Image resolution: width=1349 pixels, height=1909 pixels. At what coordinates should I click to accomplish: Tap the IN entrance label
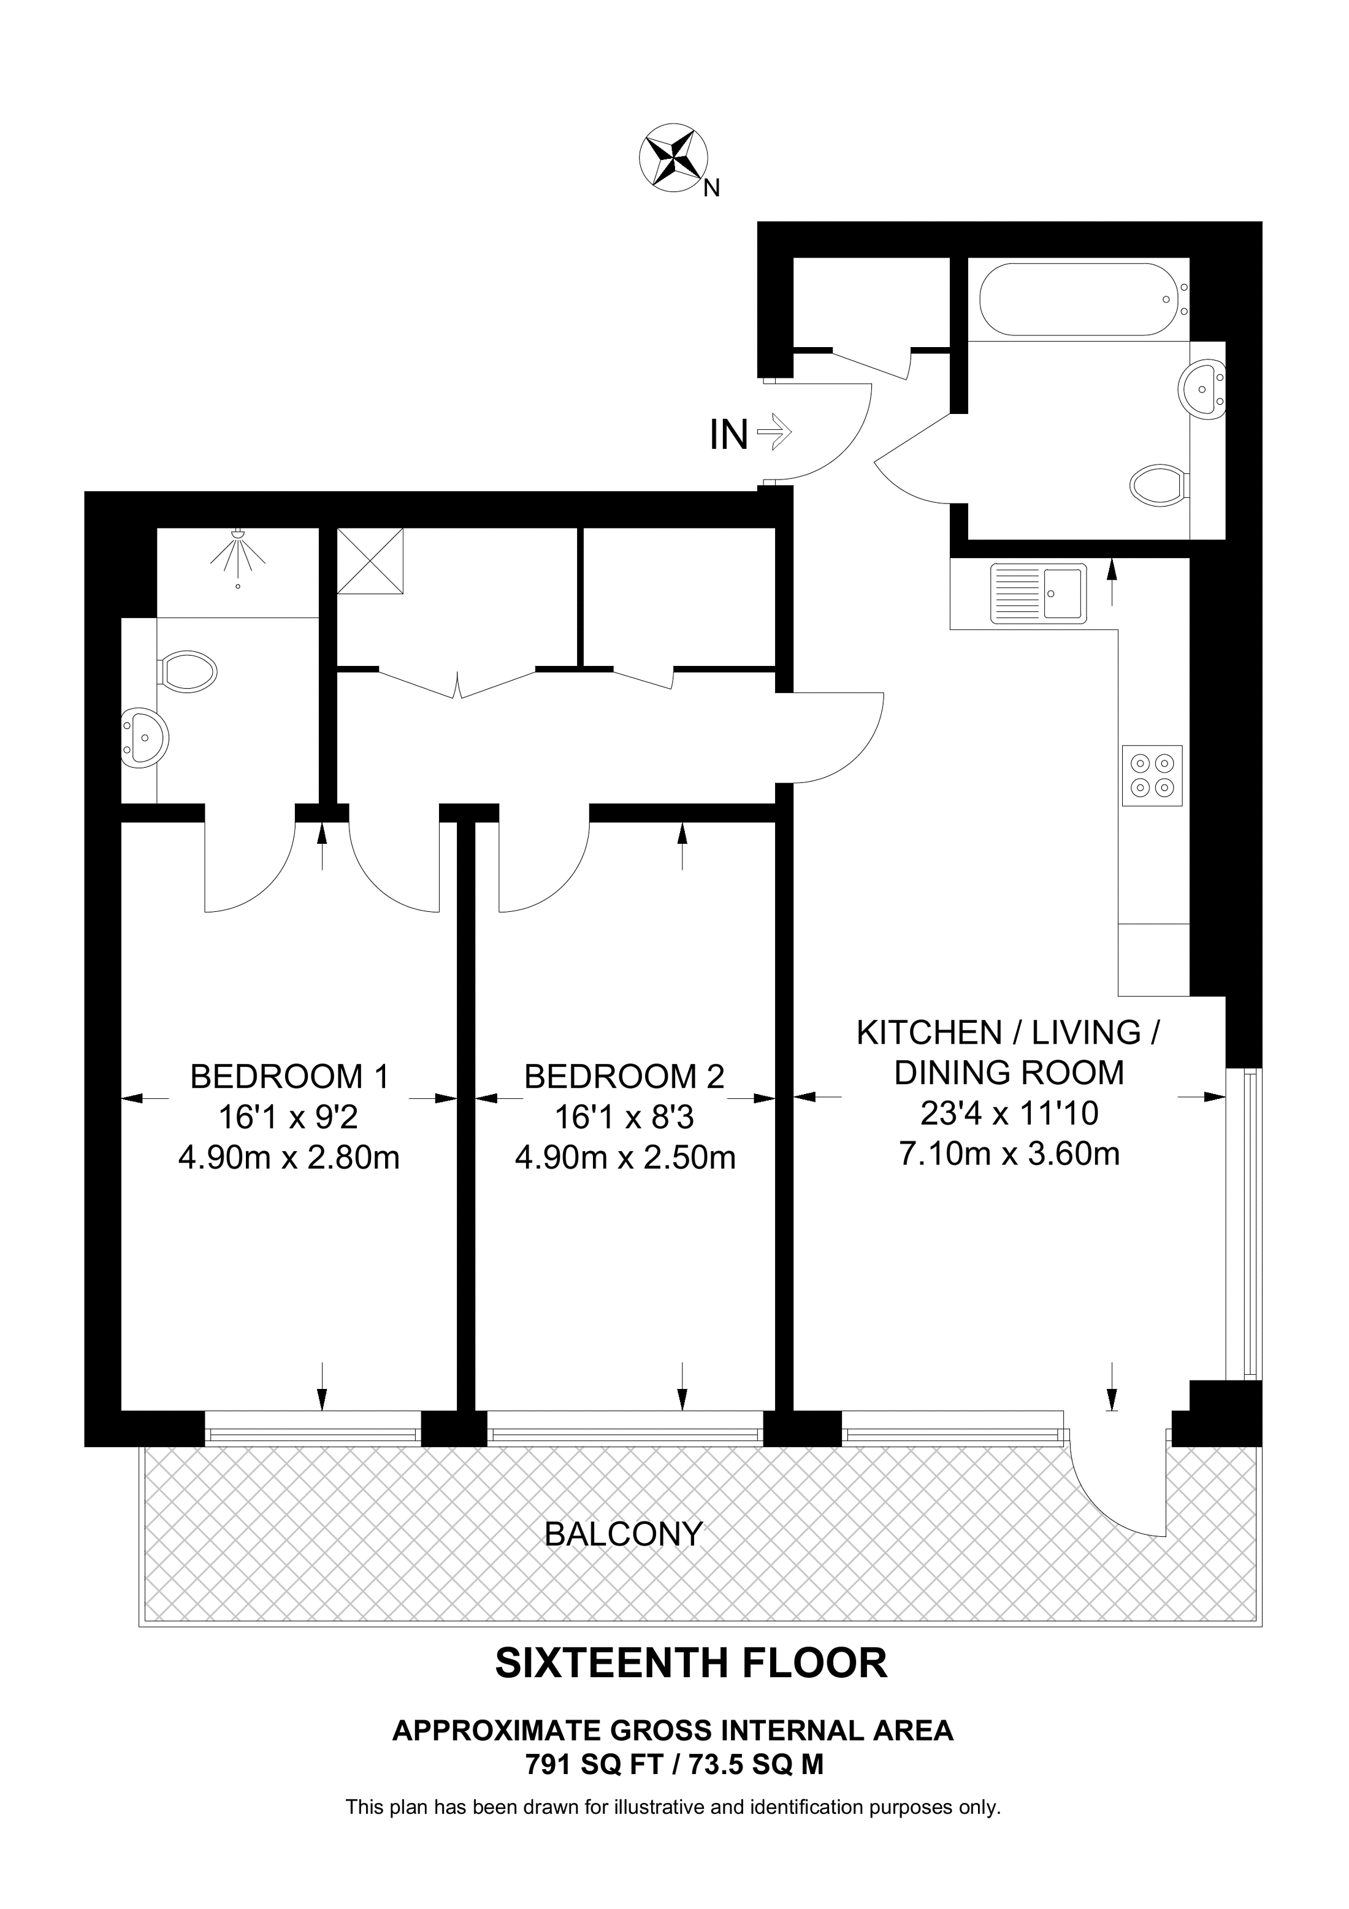(x=729, y=435)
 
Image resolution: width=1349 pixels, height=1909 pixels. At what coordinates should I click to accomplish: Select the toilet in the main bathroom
(x=1159, y=484)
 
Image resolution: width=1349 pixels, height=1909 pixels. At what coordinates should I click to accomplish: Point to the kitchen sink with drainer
(x=1038, y=594)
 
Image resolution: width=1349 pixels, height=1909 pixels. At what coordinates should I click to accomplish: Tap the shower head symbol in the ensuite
(x=239, y=552)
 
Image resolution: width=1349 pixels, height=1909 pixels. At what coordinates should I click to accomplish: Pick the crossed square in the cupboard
(x=370, y=560)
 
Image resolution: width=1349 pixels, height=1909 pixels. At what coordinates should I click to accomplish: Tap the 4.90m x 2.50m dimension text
(x=625, y=1157)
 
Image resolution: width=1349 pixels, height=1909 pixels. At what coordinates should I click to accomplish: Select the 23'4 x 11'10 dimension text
(x=1009, y=1112)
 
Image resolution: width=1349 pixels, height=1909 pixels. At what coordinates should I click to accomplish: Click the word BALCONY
(x=624, y=1534)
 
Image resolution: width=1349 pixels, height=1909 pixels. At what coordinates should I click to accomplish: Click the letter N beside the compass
(x=711, y=189)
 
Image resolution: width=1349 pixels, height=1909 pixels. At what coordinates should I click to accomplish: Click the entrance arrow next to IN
(x=774, y=432)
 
